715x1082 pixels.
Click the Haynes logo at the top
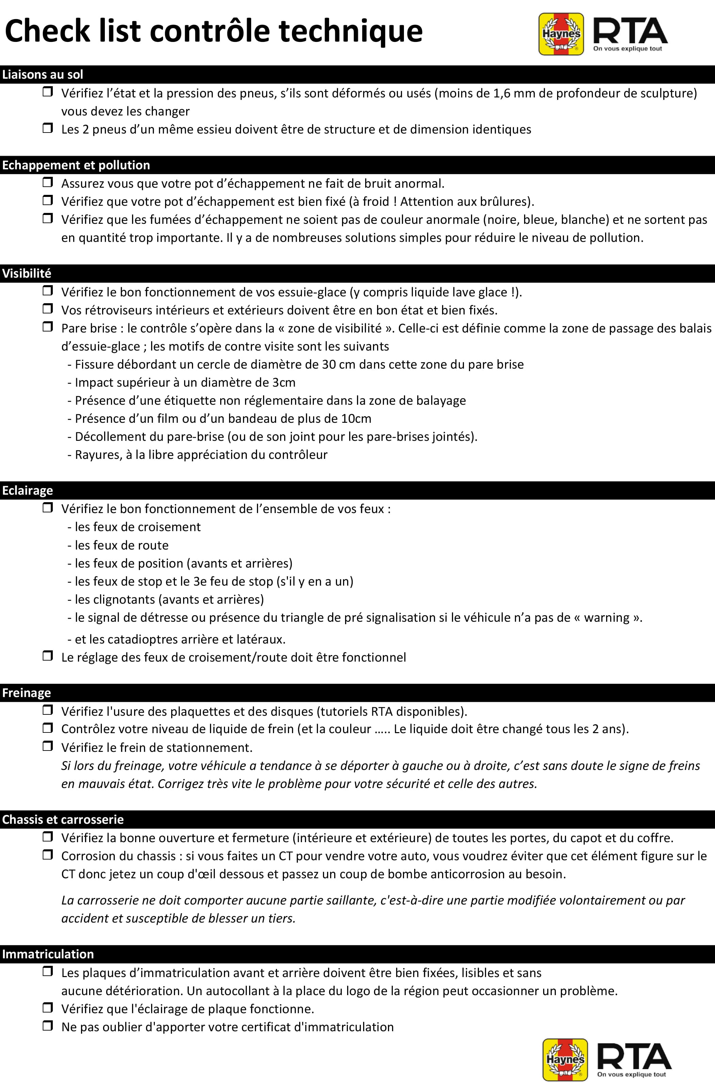(561, 34)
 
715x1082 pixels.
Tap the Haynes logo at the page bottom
(565, 1060)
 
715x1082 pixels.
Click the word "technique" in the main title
(350, 31)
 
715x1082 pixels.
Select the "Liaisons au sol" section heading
(43, 74)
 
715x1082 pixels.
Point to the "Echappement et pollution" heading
(76, 165)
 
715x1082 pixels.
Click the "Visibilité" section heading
(27, 273)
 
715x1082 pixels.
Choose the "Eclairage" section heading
(27, 491)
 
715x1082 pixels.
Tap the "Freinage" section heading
(27, 693)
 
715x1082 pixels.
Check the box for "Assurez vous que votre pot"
(47, 183)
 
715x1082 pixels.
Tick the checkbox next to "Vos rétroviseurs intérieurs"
(47, 309)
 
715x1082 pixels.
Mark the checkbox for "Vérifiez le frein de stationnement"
(47, 746)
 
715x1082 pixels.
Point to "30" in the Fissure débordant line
(329, 365)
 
